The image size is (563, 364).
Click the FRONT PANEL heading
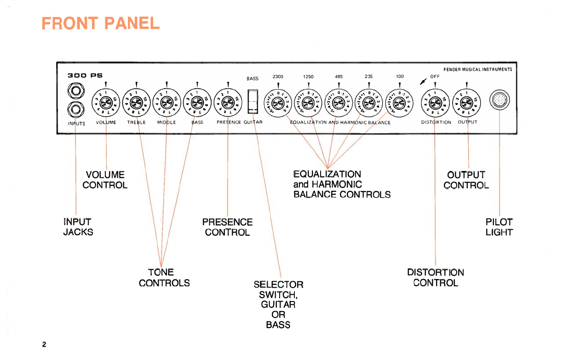[100, 23]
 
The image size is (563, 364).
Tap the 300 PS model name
[85, 75]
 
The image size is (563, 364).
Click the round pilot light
[500, 99]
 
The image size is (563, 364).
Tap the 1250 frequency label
[308, 77]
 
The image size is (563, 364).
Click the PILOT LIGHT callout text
[499, 227]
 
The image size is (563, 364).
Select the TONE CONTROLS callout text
[164, 278]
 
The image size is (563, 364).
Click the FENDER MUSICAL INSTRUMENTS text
[478, 70]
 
